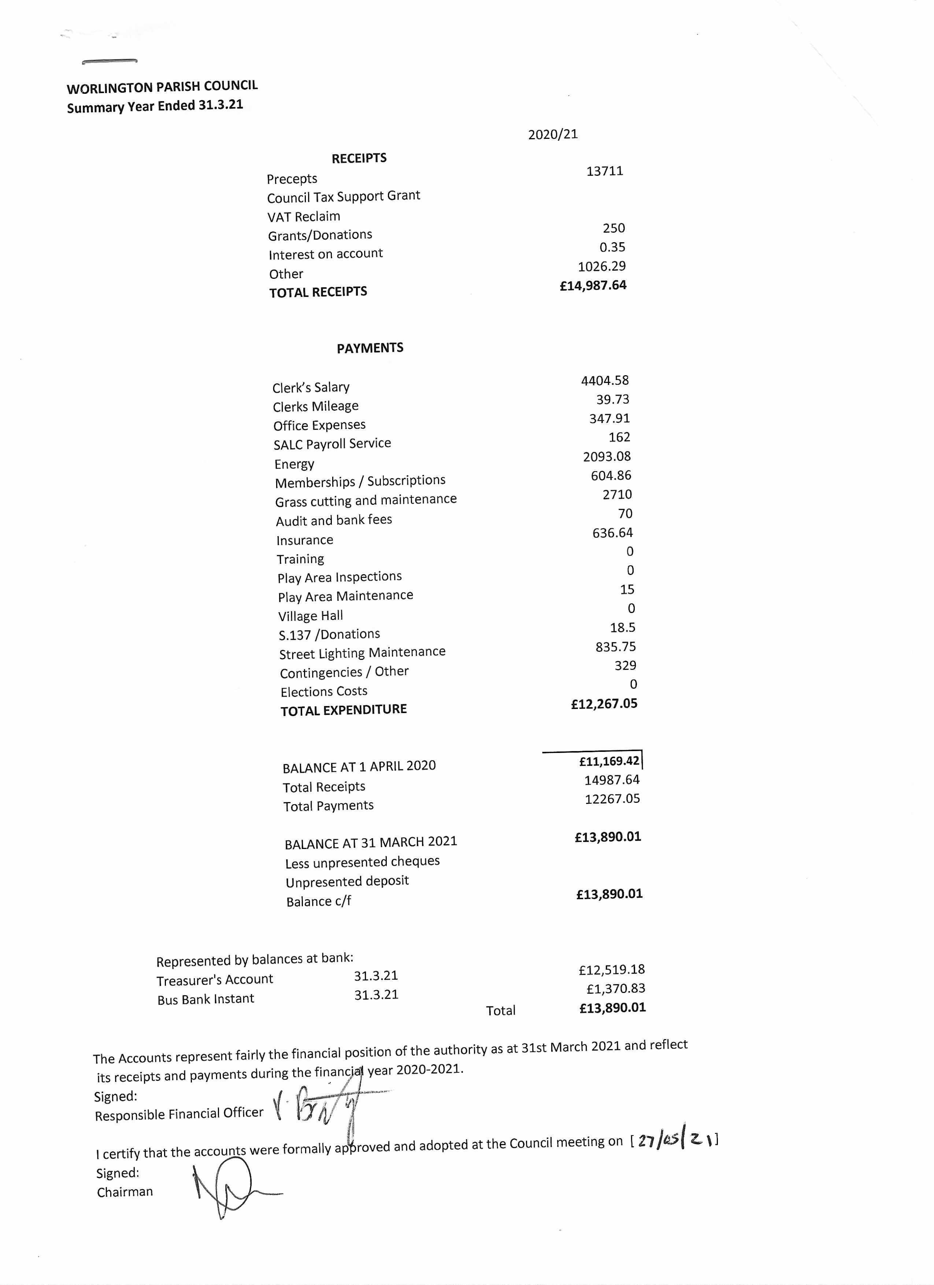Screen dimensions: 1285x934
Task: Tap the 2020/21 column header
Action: point(553,134)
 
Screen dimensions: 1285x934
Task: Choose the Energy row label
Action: point(294,464)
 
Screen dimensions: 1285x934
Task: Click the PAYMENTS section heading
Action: point(370,348)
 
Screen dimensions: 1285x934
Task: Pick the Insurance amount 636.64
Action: point(612,533)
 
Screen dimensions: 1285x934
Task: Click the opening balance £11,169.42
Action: point(609,761)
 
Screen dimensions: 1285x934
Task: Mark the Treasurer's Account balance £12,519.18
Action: point(611,970)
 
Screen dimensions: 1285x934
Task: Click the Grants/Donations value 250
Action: point(614,228)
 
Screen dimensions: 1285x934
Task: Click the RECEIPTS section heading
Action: point(359,158)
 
